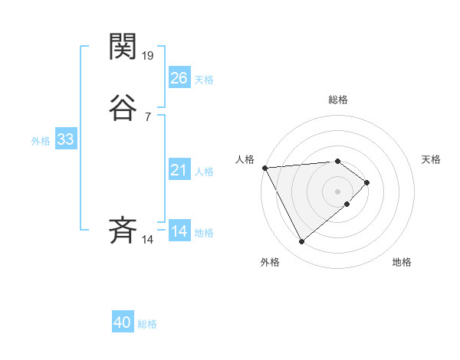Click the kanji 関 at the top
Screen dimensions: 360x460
pos(123,47)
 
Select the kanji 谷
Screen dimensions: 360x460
pos(123,108)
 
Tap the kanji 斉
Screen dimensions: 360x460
pos(123,230)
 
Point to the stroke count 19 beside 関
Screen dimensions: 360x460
pos(149,55)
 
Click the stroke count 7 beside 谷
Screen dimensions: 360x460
pos(147,116)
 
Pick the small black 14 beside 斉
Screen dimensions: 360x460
pos(148,239)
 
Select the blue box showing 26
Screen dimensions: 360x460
pos(179,77)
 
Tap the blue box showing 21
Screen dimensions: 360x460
pos(179,170)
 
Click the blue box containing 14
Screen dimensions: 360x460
pos(179,231)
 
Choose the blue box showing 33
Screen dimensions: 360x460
pos(65,139)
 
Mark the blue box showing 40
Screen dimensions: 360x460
pos(123,323)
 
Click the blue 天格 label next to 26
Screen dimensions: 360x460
pos(204,79)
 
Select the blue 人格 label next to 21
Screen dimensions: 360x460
pos(204,172)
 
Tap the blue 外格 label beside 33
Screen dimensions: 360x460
pos(41,141)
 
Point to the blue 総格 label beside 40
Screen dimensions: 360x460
pos(148,324)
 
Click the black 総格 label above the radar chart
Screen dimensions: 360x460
pos(337,100)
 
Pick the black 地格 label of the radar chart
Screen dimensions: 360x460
pos(402,263)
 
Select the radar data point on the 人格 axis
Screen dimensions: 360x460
pos(264,168)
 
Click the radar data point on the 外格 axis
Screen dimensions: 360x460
pos(302,242)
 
